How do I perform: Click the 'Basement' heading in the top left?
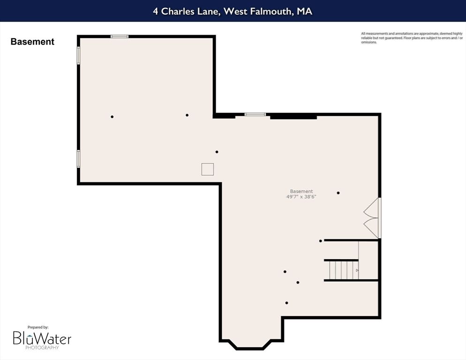(x=32, y=42)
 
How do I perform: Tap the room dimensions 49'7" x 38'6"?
(x=301, y=197)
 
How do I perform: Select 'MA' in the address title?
(x=304, y=11)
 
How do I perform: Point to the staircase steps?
(x=341, y=270)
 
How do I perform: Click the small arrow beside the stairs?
(x=357, y=270)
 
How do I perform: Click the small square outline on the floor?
(x=208, y=169)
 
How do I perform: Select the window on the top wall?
(x=120, y=36)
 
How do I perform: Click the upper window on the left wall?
(x=79, y=55)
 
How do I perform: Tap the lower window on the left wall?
(x=79, y=158)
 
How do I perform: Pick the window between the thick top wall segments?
(x=255, y=114)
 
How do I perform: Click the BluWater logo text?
(x=42, y=338)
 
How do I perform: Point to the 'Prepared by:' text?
(x=38, y=327)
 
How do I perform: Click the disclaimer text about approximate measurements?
(x=405, y=37)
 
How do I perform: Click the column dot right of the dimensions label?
(x=338, y=193)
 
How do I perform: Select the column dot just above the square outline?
(x=217, y=152)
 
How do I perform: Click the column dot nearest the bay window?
(x=286, y=303)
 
